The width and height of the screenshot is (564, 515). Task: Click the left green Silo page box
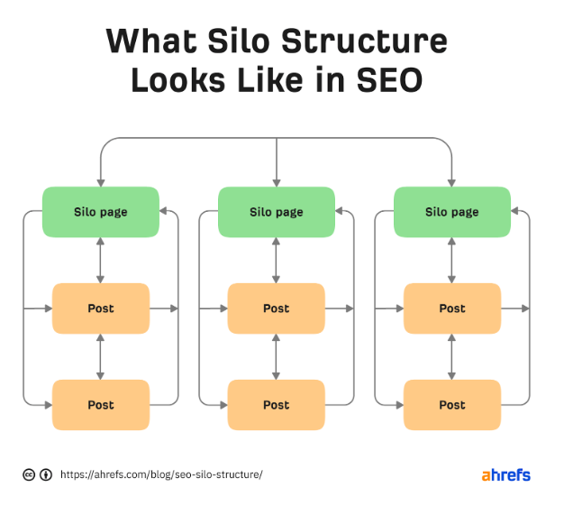(x=101, y=212)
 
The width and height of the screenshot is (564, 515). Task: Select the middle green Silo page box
(x=277, y=212)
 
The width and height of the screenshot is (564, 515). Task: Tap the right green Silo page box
(x=452, y=212)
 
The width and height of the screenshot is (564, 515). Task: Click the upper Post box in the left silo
(x=101, y=308)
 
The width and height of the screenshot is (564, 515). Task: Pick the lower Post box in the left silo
(x=101, y=405)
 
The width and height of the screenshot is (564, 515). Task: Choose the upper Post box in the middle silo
(x=277, y=308)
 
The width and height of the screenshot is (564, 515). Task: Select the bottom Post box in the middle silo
(x=277, y=405)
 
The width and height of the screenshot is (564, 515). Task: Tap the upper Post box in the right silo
(x=452, y=308)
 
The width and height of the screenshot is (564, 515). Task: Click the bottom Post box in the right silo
(x=452, y=405)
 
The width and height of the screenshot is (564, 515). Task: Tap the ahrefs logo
(x=505, y=474)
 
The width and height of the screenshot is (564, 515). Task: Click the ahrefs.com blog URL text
(x=161, y=474)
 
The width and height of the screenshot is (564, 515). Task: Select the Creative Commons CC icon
(x=29, y=474)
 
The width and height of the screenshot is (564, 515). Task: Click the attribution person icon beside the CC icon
(x=45, y=474)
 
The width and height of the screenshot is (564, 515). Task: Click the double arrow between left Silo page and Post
(x=101, y=261)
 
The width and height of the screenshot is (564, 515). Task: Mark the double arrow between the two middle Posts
(x=277, y=357)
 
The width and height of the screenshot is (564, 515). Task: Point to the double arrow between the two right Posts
(x=452, y=357)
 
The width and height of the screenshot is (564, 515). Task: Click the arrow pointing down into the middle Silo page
(x=277, y=171)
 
